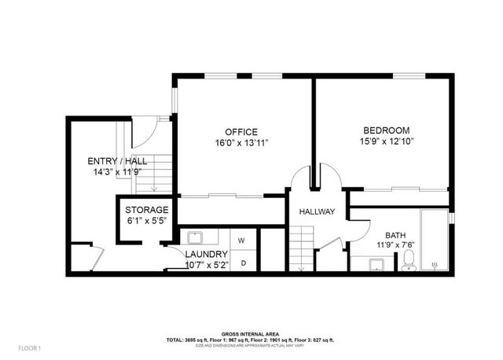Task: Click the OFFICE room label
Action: click(x=241, y=131)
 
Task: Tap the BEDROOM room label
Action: click(x=385, y=130)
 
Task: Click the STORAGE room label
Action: click(x=147, y=210)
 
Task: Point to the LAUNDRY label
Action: click(x=207, y=255)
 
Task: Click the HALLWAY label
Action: click(x=318, y=212)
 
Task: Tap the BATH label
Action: click(x=395, y=235)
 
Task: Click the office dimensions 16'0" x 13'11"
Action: click(x=241, y=142)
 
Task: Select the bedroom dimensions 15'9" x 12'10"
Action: click(x=385, y=141)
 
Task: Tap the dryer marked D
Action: click(x=243, y=263)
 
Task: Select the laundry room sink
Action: click(x=195, y=237)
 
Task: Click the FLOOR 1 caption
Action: click(x=28, y=347)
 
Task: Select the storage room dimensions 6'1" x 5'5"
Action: click(x=147, y=222)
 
